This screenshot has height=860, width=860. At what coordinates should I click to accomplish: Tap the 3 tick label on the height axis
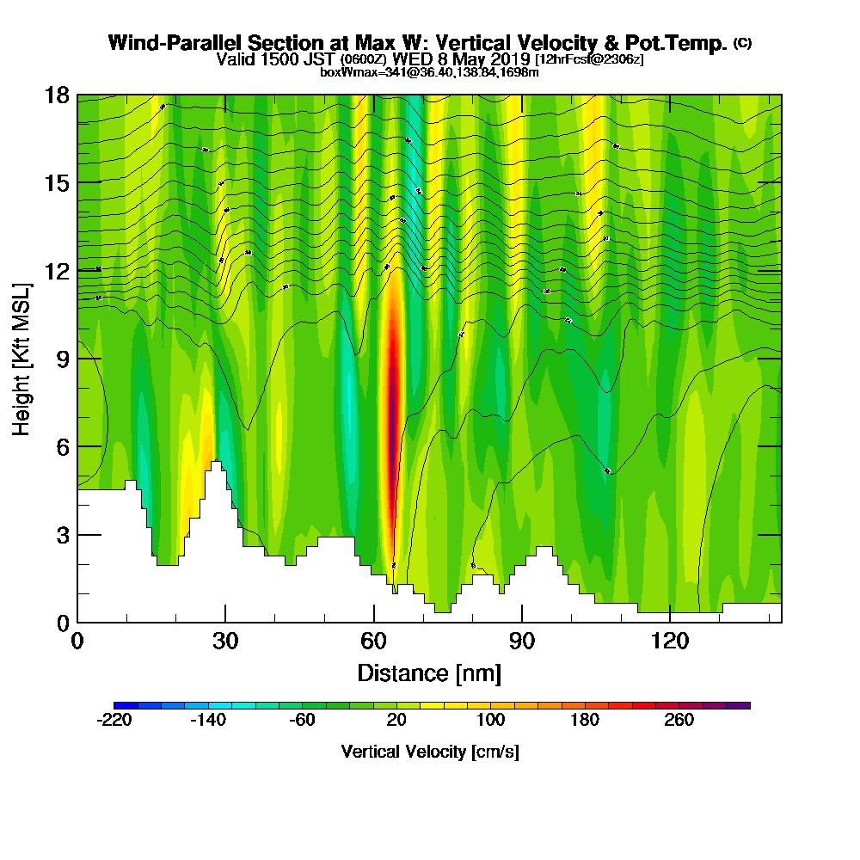pos(63,534)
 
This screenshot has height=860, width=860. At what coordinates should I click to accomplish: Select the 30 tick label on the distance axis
pos(225,641)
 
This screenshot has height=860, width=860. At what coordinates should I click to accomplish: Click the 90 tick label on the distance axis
pos(522,641)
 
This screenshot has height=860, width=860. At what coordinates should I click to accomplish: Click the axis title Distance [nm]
pos(429,673)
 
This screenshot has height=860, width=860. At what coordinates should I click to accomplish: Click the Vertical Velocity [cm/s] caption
pos(430,752)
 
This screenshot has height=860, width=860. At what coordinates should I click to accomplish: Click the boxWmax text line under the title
pos(429,72)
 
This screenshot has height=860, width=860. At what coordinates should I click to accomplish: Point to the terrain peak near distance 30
pos(216,465)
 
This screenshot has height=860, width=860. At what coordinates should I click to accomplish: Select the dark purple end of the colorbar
pos(740,705)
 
